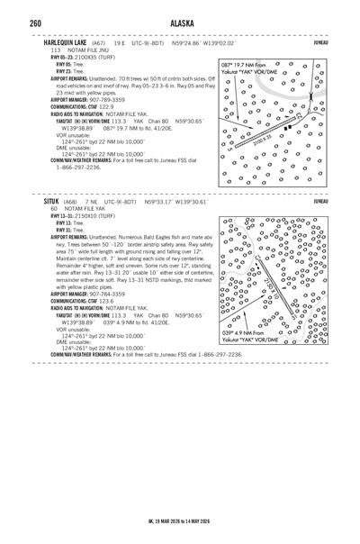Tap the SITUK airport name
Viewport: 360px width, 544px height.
point(53,204)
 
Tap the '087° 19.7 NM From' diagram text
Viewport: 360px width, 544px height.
point(246,66)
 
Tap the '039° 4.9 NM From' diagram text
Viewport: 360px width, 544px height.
point(246,358)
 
